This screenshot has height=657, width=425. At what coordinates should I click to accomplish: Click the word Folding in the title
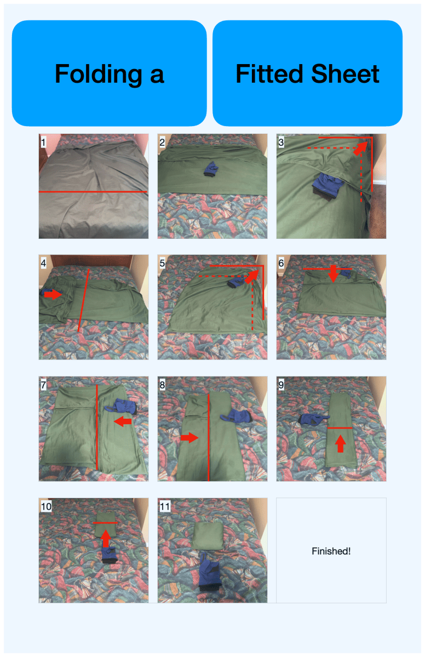(x=99, y=74)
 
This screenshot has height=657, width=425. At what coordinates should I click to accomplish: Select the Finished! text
(x=331, y=551)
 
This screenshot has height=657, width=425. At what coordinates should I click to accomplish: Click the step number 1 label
(x=43, y=142)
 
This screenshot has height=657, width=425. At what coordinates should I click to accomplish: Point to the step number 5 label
(x=162, y=263)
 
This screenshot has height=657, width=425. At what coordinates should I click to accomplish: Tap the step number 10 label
(x=46, y=506)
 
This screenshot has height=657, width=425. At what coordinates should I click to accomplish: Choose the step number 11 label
(x=165, y=506)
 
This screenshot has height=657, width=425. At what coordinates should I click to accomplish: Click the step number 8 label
(x=162, y=385)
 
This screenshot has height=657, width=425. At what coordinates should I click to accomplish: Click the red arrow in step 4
(x=53, y=295)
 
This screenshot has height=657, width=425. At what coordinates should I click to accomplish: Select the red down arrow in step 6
(x=333, y=273)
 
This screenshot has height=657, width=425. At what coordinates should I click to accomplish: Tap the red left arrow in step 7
(x=123, y=421)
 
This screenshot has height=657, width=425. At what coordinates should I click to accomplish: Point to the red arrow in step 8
(x=189, y=438)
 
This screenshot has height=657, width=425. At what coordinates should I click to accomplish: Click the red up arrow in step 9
(x=341, y=444)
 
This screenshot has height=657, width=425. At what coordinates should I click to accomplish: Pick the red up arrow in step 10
(x=106, y=539)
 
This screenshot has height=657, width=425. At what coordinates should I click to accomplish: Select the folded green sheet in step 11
(x=208, y=535)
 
